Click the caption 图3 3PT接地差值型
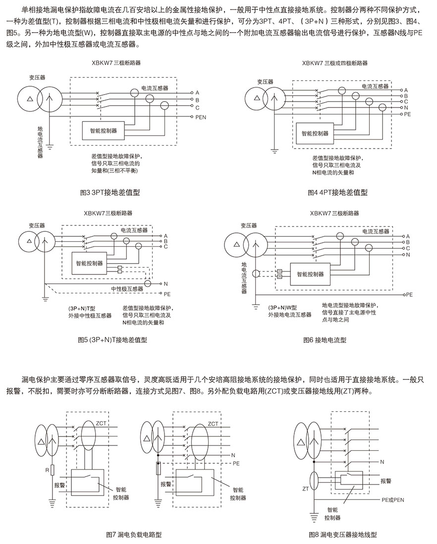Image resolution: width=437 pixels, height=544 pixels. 109,192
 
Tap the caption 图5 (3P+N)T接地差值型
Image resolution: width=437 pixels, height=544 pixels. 112,340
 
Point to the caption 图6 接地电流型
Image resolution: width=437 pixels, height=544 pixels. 325,340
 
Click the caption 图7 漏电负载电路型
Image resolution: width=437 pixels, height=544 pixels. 134,535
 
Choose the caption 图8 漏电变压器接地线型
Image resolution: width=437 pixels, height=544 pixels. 342,535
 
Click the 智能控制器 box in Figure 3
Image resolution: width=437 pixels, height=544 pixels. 103,131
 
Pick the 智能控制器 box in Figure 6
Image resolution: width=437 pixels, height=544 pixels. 310,274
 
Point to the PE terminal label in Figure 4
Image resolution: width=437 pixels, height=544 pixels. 408,114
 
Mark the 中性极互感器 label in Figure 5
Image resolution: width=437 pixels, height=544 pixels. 127,288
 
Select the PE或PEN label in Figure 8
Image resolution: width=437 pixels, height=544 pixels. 393,500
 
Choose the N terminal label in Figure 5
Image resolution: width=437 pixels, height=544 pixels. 165,284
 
